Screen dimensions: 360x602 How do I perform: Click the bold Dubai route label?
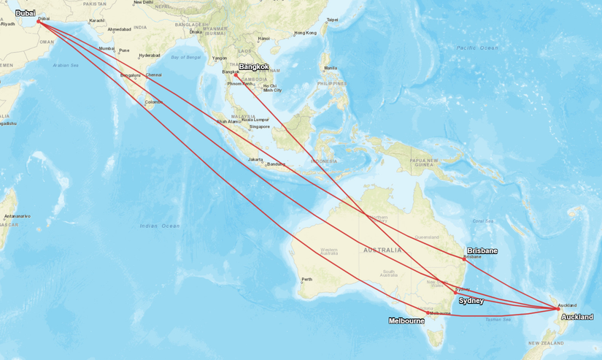coord(25,12)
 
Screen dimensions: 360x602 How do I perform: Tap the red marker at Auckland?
coord(558,310)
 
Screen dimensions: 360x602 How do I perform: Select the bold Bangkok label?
coord(254,67)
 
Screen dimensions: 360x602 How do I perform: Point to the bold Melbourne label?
coord(406,321)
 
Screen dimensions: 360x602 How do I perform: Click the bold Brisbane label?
coord(482,250)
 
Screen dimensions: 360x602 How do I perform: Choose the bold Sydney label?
coord(471,301)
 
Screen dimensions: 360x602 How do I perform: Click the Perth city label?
coord(307,279)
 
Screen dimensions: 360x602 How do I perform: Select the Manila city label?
coord(331,69)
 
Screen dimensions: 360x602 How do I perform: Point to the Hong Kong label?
coord(305,33)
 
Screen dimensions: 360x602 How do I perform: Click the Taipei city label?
coord(332,20)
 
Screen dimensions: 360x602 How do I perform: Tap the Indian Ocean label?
coord(160,226)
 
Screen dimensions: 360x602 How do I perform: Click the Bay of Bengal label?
coord(185,57)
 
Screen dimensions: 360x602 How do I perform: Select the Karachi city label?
coord(96,20)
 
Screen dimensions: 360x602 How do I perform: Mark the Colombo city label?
coord(154,102)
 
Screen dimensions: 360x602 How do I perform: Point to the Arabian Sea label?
coord(66,65)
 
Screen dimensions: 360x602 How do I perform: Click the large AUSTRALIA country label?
coord(382,250)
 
